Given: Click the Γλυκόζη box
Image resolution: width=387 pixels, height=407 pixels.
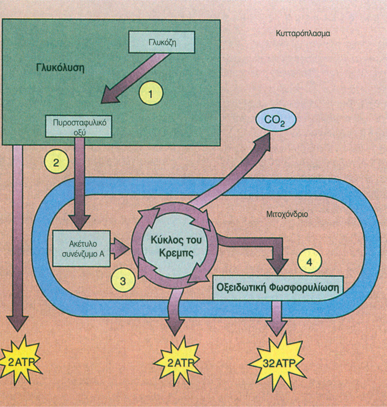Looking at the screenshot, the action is click(162, 42).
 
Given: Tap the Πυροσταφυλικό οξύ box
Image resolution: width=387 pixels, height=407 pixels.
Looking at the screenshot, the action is click(79, 126).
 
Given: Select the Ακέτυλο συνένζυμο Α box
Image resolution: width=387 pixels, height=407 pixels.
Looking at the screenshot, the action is click(81, 248).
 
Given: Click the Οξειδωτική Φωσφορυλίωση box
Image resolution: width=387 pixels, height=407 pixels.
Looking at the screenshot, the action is click(278, 288).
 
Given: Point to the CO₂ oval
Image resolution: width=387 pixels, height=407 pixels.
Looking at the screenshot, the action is click(276, 120).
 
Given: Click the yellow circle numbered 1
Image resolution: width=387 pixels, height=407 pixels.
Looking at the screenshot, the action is click(151, 93).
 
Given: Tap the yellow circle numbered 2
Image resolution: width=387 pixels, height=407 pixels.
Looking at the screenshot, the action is click(56, 162).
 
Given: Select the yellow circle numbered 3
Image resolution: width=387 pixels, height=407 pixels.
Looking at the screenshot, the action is click(123, 280).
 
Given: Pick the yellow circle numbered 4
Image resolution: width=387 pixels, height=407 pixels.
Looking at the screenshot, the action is click(310, 261).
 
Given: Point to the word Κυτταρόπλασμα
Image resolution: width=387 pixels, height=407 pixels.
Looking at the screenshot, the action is click(303, 34).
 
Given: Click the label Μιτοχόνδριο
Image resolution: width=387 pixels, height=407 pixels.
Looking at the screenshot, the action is click(288, 214).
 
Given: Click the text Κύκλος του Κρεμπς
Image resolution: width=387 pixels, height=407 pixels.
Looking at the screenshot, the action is click(176, 246).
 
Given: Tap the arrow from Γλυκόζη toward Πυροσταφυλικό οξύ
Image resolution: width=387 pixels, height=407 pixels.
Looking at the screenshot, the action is click(136, 79).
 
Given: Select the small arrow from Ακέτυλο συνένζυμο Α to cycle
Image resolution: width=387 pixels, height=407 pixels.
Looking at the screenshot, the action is click(120, 248).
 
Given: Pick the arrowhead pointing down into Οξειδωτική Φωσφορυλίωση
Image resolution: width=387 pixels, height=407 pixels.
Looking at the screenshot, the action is click(277, 266).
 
